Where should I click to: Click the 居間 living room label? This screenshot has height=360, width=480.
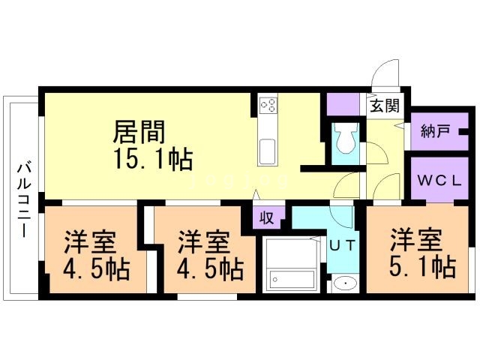139,132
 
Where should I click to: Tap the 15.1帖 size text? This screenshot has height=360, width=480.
153,159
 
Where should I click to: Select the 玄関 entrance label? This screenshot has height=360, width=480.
385,106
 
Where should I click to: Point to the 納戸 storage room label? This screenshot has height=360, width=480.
435,131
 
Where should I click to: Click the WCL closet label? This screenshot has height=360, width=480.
439,181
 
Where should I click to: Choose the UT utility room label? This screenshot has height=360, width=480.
343,245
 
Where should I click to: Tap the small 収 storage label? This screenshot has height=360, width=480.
267,218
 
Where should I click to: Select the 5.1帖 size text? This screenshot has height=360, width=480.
423,267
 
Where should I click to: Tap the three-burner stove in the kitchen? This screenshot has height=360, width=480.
268,105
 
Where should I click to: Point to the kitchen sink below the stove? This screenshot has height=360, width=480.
268,151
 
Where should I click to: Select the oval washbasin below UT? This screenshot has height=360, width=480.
345,283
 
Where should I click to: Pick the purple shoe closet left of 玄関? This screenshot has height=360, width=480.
343,104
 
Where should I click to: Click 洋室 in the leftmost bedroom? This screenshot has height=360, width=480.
90,242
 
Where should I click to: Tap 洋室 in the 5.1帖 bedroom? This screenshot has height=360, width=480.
416,240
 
